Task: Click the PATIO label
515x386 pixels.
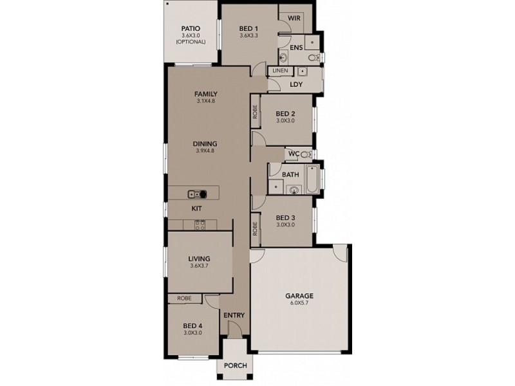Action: point(191,28)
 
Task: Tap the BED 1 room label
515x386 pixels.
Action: point(248,28)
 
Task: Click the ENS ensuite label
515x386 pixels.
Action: point(296,48)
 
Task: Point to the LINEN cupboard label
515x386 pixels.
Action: point(280,70)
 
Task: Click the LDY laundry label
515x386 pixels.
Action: point(296,84)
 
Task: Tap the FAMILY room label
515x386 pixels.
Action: point(206,94)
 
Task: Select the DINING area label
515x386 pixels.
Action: point(206,143)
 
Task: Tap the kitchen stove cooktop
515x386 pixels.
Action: point(200,225)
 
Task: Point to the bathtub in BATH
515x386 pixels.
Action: point(311,181)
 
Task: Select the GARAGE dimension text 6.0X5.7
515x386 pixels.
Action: point(299,304)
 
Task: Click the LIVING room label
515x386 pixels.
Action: point(200,259)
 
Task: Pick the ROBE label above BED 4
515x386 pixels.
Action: point(184,299)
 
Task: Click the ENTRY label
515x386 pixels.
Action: point(234,315)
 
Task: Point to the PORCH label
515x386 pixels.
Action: point(236,365)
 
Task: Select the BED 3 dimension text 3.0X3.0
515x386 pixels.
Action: point(285,225)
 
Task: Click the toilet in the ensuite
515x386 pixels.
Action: point(313,59)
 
